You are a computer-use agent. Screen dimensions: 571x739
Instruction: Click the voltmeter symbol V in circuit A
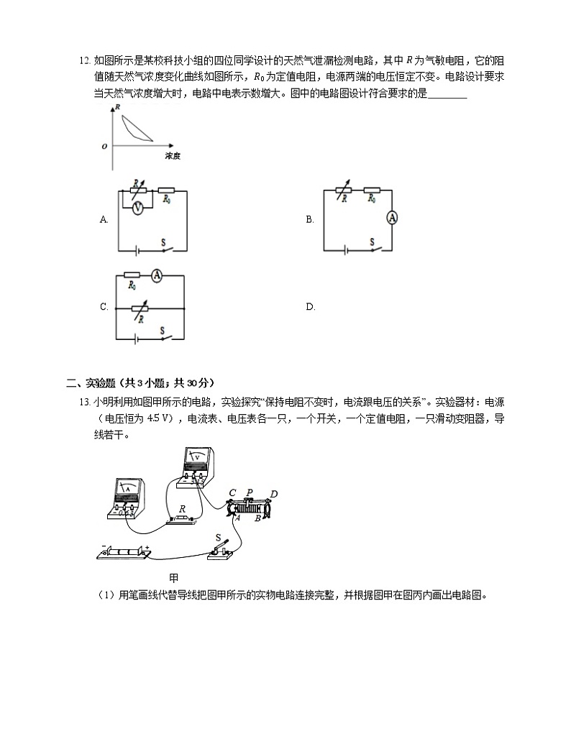tap(137, 206)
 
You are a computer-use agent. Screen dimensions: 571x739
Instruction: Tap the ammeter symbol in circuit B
tap(392, 218)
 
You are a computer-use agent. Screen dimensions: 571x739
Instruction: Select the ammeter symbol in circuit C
tap(158, 274)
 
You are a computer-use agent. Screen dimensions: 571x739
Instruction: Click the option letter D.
tap(311, 307)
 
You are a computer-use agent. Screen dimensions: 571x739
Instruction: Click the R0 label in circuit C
tap(132, 286)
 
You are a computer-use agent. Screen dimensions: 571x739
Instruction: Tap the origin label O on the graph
tap(105, 146)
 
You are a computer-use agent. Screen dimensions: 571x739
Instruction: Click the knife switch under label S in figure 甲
tap(222, 551)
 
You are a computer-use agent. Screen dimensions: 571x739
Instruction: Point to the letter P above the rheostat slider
tap(250, 492)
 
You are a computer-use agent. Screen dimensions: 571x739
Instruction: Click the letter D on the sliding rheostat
tap(274, 494)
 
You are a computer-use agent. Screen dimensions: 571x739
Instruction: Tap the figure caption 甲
tap(173, 577)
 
